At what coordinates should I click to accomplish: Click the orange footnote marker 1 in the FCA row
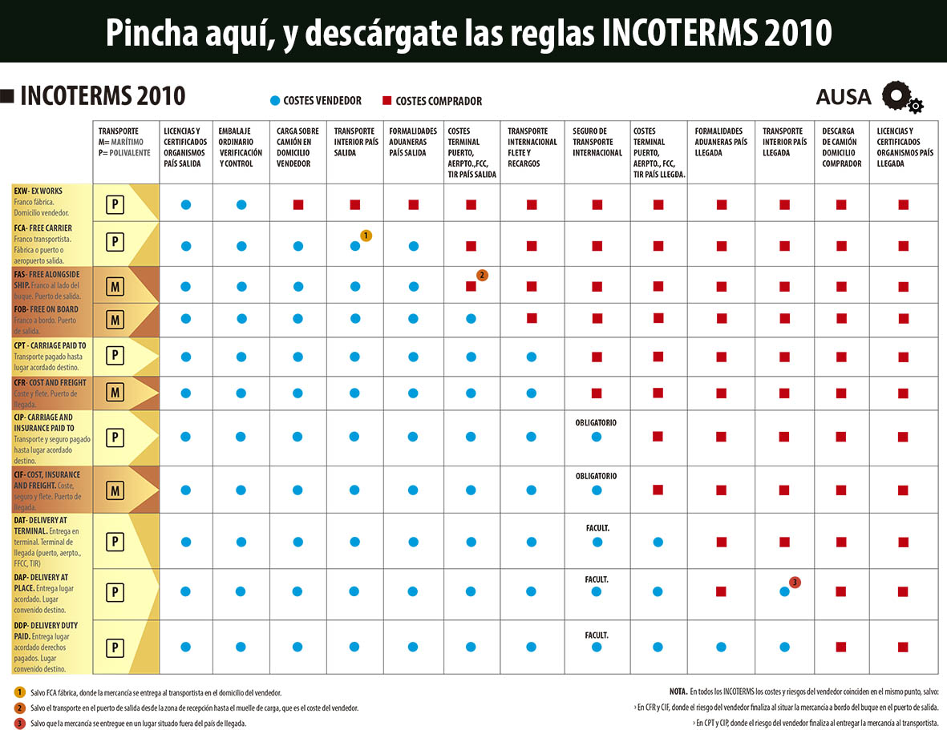366,236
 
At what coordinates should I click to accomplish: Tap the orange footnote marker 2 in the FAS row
482,275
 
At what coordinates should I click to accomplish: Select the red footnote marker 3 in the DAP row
795,582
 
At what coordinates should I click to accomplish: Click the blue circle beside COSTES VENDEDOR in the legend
275,101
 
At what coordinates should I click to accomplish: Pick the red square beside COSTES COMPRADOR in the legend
386,101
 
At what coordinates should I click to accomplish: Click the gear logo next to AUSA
901,97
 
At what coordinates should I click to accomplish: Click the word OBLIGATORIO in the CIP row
596,422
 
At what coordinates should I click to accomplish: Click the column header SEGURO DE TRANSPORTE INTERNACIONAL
597,142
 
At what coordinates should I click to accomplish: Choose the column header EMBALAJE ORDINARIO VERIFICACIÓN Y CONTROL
241,147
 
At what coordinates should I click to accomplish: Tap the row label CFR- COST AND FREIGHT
51,383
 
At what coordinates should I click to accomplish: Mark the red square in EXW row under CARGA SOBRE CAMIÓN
298,205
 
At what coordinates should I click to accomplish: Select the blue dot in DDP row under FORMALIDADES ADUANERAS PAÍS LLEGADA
721,647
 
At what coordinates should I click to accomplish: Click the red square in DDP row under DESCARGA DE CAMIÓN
841,647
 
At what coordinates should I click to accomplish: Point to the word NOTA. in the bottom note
678,691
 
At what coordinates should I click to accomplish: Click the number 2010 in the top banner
798,33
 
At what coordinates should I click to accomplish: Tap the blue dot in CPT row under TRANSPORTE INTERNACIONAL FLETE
531,357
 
